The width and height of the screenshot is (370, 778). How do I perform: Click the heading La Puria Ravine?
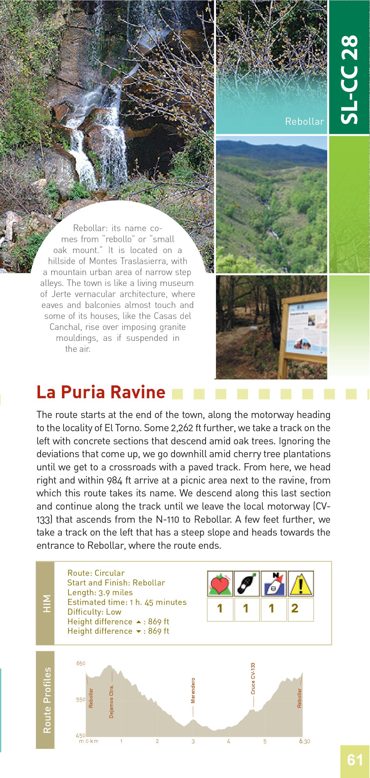tap(101, 392)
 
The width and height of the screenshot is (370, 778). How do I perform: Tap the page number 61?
tap(355, 760)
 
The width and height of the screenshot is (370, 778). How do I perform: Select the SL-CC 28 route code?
tap(349, 79)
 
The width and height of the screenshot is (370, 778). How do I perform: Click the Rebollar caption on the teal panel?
tap(304, 122)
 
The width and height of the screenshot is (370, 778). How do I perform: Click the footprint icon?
tap(247, 583)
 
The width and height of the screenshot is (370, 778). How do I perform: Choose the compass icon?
tap(274, 583)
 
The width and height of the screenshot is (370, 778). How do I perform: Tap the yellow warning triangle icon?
tap(301, 583)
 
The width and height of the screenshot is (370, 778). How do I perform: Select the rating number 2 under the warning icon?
tap(295, 608)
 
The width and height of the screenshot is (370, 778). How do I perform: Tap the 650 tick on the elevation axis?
tap(81, 663)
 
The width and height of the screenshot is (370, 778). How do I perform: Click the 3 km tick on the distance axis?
tap(193, 741)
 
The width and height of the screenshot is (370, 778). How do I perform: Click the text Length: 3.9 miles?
tap(100, 592)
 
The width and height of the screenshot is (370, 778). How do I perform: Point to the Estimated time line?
tap(127, 602)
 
